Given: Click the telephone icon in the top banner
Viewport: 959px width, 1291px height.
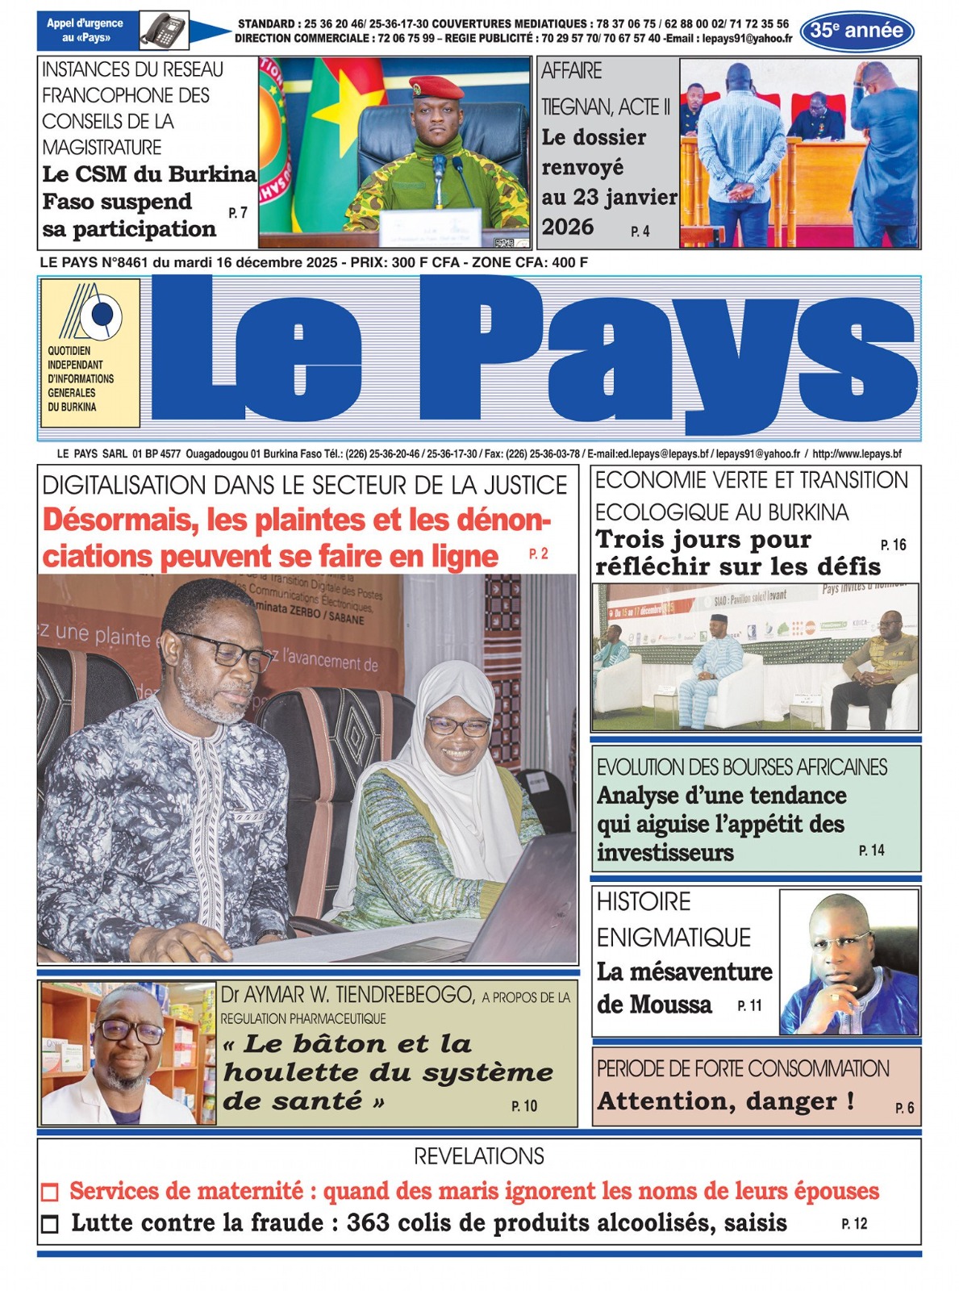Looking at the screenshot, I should (165, 31).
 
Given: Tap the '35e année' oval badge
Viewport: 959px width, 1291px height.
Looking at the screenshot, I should (857, 31).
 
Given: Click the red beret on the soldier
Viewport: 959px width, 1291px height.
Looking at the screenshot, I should (436, 86).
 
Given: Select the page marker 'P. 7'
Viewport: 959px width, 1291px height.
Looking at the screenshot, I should (238, 213).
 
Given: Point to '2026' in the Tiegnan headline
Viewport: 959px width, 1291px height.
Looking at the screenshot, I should (568, 228).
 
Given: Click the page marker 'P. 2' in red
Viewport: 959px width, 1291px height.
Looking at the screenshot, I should (538, 554).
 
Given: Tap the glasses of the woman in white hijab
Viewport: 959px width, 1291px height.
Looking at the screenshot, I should (457, 725).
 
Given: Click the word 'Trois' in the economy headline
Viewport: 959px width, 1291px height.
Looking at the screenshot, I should (631, 539).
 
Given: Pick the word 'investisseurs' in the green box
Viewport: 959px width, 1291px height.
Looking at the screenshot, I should (665, 853).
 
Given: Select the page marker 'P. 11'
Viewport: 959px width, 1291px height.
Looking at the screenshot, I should (749, 1006).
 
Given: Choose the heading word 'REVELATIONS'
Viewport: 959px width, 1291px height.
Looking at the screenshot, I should (479, 1156).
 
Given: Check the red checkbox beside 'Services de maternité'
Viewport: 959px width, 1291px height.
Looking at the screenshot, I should (50, 1192).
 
